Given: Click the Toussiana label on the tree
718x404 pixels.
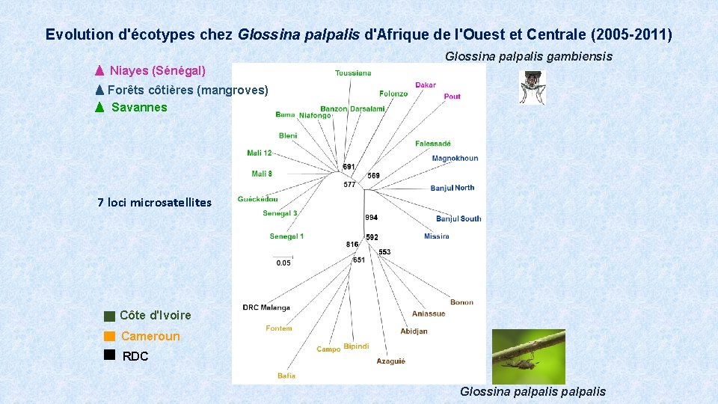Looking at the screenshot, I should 353,73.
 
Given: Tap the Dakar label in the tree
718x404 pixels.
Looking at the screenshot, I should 426,85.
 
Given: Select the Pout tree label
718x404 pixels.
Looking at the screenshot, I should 452,97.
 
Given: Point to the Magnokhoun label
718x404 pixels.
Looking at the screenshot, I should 455,159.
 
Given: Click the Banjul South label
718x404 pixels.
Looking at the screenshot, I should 458,218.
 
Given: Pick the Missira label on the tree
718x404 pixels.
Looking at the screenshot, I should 436,236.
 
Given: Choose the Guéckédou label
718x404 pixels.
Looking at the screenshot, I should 257,199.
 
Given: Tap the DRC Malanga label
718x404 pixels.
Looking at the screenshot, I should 266,307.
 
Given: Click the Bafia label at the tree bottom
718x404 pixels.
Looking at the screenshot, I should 286,376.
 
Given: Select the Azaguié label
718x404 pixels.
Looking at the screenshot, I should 390,361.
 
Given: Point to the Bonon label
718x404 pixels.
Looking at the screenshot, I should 461,303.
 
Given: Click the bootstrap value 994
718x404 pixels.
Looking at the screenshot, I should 371,218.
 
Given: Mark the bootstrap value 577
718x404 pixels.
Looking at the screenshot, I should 349,185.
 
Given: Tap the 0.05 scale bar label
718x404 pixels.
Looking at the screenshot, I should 283,263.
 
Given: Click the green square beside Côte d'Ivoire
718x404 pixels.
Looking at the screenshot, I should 110,316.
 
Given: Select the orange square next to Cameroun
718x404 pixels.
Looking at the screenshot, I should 110,336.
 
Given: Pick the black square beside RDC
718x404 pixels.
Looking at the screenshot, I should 110,355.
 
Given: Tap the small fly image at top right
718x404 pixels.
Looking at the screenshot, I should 533,87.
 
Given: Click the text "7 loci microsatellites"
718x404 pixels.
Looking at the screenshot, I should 155,202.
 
